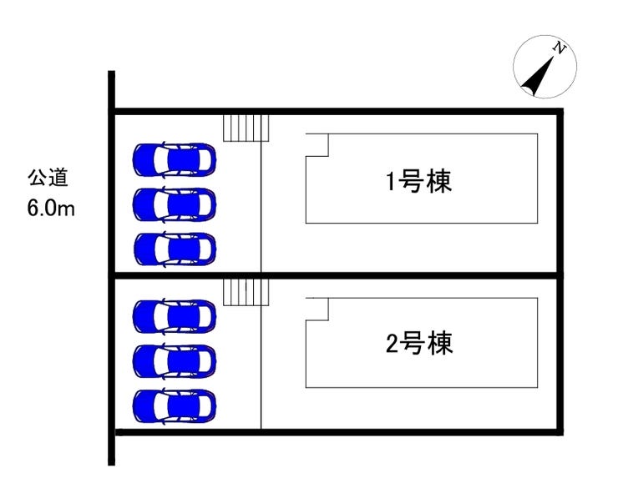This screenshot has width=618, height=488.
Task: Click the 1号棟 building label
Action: [419, 181]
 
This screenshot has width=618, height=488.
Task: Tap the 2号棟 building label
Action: [419, 343]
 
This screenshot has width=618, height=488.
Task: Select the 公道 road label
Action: [48, 178]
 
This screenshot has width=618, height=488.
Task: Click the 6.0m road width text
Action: [51, 207]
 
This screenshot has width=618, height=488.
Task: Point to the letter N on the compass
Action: [561, 51]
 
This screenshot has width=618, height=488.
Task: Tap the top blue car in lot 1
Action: [174, 158]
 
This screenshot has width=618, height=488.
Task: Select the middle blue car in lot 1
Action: [174, 203]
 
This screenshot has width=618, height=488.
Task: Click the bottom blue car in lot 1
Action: [174, 248]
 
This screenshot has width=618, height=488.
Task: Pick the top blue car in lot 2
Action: [174, 315]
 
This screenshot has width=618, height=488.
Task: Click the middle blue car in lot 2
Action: [174, 360]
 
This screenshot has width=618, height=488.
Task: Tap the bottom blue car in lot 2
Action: [174, 405]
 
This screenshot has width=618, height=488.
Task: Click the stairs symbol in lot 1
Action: [246, 127]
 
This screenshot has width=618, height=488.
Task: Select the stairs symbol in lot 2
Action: [246, 291]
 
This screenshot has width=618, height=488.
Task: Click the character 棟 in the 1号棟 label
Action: [439, 181]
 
